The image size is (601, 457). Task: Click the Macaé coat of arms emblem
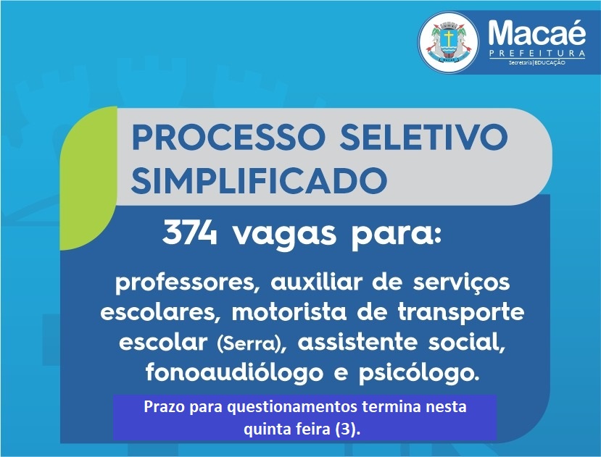[448, 42]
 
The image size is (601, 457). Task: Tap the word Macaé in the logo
[536, 33]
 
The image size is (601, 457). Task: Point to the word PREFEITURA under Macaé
[537, 53]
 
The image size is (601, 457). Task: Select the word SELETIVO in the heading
[423, 137]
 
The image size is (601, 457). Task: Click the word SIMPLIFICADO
[259, 180]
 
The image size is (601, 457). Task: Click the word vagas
[285, 235]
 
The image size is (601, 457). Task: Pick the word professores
[185, 283]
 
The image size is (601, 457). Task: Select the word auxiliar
[316, 282]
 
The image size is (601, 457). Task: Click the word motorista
[289, 312]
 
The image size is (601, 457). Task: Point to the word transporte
[460, 313]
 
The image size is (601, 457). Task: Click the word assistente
[357, 342]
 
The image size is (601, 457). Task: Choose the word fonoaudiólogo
[234, 373]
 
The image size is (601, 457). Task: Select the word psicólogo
[419, 373]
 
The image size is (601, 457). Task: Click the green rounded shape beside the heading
[89, 178]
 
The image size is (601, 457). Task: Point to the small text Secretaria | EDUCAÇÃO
[537, 62]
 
